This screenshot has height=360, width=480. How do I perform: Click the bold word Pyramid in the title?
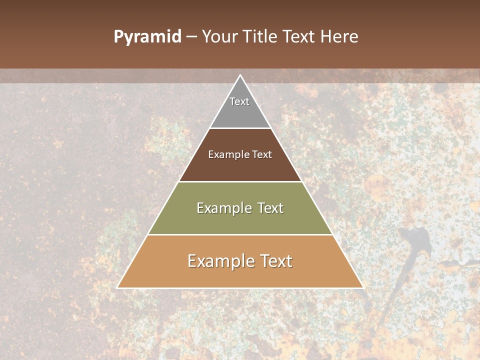[x=147, y=37]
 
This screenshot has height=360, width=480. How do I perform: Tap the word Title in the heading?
[x=262, y=37]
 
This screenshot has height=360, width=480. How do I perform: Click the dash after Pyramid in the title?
[x=191, y=37]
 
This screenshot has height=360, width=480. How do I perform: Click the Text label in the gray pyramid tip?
[x=239, y=101]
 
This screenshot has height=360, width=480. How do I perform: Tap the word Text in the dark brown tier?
[x=262, y=154]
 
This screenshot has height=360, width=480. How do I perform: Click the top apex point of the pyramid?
[x=240, y=75]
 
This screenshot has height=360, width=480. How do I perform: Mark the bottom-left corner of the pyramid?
[x=118, y=287]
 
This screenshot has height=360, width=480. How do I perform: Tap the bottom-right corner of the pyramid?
[x=362, y=287]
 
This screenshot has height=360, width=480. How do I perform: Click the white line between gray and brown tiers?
[x=240, y=128]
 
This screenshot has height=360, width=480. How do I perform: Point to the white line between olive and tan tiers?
[x=240, y=234]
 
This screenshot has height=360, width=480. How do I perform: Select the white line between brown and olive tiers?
[x=240, y=181]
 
